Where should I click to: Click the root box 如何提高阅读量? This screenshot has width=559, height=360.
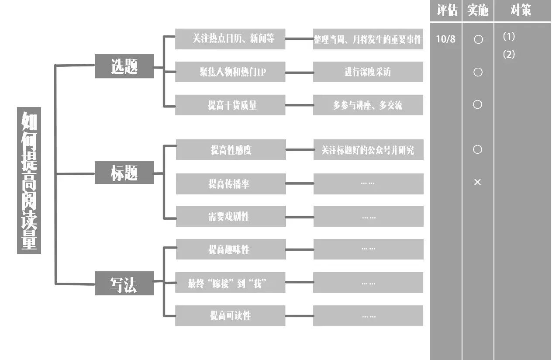coord(29,180)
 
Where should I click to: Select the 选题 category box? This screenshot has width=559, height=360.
coord(124,66)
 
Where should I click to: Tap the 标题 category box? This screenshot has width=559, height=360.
coord(124,173)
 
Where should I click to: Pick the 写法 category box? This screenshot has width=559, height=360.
coord(124,284)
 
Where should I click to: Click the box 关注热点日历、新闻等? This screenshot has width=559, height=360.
coord(230,39)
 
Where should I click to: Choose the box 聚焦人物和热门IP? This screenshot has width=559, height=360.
coord(230,72)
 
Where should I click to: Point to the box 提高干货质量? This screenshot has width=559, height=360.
coord(230,105)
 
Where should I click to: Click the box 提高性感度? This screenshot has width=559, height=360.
coord(231,150)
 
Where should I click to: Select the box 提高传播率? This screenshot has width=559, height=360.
coord(231,184)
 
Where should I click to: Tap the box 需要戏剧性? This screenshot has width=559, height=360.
coord(231,216)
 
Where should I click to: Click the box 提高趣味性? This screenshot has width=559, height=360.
coord(231,249)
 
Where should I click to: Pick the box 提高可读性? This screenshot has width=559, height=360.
coord(230,315)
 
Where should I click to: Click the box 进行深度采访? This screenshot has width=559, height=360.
coord(368,72)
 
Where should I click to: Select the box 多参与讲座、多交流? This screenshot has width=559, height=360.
coord(368,105)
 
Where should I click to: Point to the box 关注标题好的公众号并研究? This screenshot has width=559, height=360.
coord(368,150)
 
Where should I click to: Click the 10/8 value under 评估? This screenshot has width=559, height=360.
coord(445,39)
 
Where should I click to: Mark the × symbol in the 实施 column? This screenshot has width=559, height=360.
coord(477,182)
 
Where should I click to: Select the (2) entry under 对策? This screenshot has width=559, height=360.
coord(509,55)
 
